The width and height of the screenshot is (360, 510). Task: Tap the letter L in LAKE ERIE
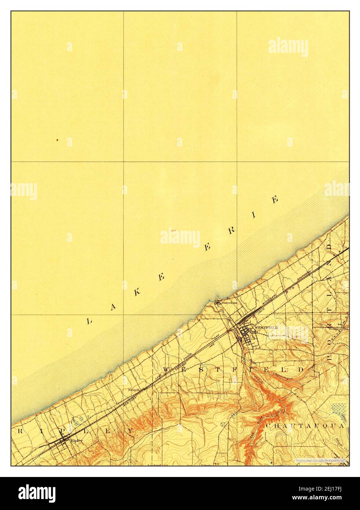pos(88,321)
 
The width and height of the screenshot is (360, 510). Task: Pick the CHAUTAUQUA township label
pos(305,426)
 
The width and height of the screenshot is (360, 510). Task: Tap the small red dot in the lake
pos(57,140)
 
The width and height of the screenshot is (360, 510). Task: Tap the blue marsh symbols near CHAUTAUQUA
pos(338,408)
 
